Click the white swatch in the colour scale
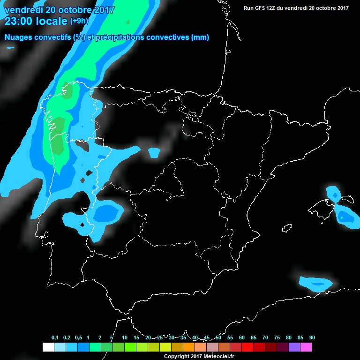[x=48, y=347]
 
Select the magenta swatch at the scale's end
[x=306, y=347]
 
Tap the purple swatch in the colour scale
[x=294, y=347]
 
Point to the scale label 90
[x=312, y=337]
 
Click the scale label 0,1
[x=55, y=337]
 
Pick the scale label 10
[x=125, y=337]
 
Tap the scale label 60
[x=242, y=337]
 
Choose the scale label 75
[x=277, y=337]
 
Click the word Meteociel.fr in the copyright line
[x=219, y=357]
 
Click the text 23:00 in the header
[x=18, y=21]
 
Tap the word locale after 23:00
[x=51, y=21]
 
